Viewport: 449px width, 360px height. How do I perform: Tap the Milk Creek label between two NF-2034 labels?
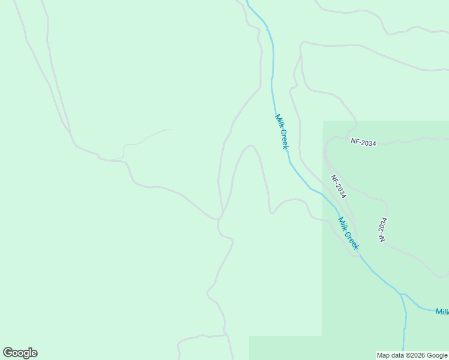348,233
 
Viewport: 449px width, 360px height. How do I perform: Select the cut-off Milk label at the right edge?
442,311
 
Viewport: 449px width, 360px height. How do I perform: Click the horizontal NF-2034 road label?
363,143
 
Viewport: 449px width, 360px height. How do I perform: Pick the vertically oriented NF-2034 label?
382,229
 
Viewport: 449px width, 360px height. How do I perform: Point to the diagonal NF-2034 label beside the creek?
339,187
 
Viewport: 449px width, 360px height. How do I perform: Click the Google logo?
20,353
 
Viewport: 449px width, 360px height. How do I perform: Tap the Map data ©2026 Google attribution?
412,355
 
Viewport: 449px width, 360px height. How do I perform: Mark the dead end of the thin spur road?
170,129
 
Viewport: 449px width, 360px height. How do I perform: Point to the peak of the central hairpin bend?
250,145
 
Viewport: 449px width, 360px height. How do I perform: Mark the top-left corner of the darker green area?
324,121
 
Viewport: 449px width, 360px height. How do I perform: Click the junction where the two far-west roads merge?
71,133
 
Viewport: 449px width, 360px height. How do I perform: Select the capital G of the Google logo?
8,353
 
